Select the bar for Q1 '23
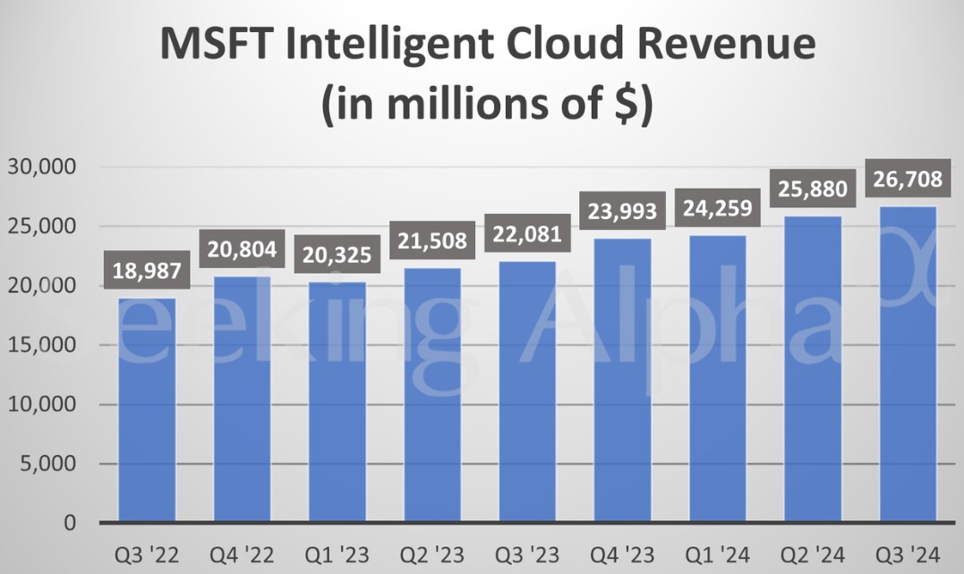337,401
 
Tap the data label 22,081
527,234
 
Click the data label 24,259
718,208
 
